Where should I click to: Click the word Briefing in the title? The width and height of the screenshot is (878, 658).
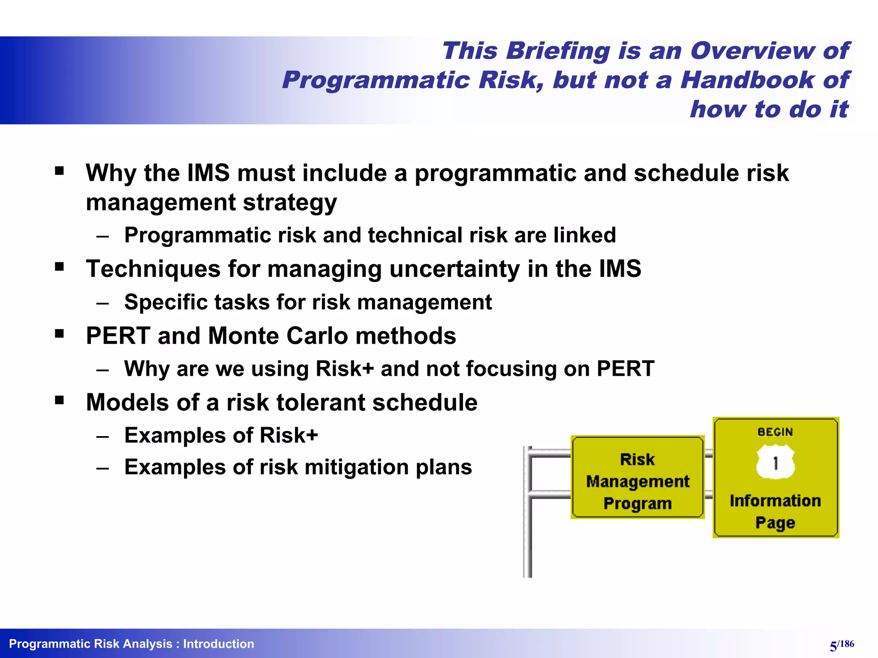(x=558, y=51)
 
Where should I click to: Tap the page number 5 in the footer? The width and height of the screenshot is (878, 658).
(x=833, y=646)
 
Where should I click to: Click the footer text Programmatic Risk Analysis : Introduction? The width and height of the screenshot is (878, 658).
(x=132, y=644)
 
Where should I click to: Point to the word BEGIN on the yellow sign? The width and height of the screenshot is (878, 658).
(x=775, y=432)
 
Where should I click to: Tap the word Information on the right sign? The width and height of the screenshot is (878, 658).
(x=775, y=500)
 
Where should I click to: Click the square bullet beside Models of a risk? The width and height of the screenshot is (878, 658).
(x=60, y=401)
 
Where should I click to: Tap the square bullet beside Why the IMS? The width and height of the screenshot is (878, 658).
(x=60, y=171)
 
